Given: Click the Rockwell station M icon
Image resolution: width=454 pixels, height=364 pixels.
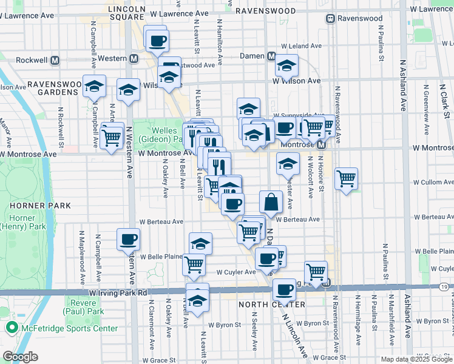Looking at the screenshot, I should point(55,61).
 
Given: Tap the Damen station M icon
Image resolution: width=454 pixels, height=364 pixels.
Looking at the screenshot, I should point(273,56).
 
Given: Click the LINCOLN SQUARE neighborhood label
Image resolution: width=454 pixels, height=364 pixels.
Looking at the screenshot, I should point(126,13).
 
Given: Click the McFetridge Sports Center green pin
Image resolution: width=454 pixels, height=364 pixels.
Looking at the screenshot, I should point(12,329).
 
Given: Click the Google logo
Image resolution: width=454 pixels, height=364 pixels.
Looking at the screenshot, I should point(21,356).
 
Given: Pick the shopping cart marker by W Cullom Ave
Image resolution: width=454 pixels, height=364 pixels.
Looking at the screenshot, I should point(346,178).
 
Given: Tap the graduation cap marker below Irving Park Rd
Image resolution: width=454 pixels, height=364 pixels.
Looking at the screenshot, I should point(197,300).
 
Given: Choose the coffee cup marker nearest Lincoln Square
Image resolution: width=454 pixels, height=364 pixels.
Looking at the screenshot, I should point(157,41).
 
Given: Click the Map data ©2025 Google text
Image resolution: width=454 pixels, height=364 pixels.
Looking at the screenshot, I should point(416,359).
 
